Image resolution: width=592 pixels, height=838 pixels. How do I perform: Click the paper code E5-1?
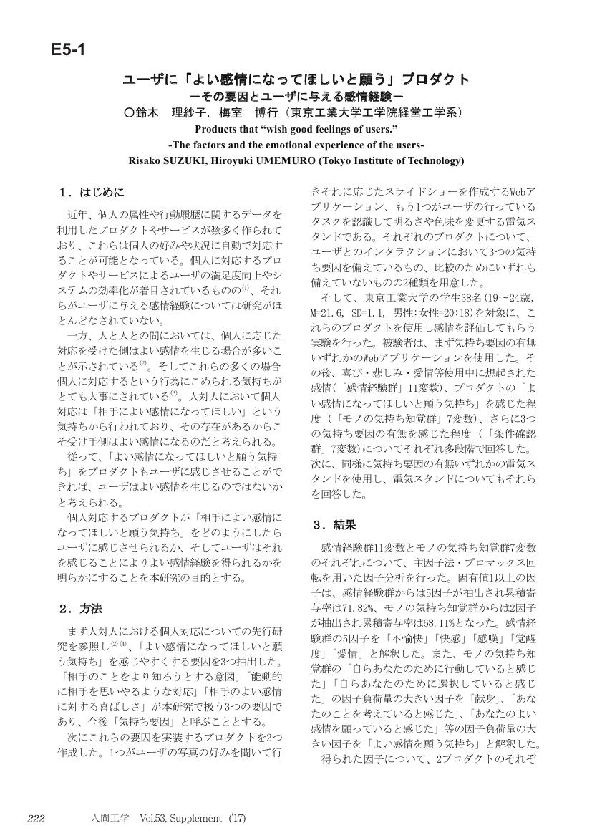[x=68, y=50]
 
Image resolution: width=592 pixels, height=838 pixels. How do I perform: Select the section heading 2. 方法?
[x=81, y=609]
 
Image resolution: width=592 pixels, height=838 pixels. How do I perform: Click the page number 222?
[x=37, y=819]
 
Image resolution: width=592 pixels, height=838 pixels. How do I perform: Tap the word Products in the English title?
[x=216, y=129]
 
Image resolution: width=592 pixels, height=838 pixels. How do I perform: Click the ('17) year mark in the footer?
[x=236, y=819]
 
